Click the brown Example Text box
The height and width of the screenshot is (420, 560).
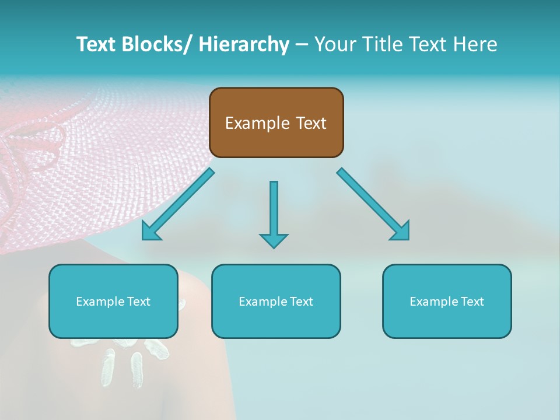click(276, 123)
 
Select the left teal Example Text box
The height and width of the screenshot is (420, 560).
click(113, 301)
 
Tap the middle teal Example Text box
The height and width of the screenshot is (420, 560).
click(276, 301)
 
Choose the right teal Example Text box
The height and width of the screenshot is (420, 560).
click(447, 301)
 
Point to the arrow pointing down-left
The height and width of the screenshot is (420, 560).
click(177, 205)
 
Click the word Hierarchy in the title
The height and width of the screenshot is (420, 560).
click(244, 44)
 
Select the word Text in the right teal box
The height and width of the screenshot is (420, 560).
click(471, 301)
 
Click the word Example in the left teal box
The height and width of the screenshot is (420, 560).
click(100, 302)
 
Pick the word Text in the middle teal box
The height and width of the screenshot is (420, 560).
click(300, 301)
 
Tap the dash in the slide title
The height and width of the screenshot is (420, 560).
click(302, 45)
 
